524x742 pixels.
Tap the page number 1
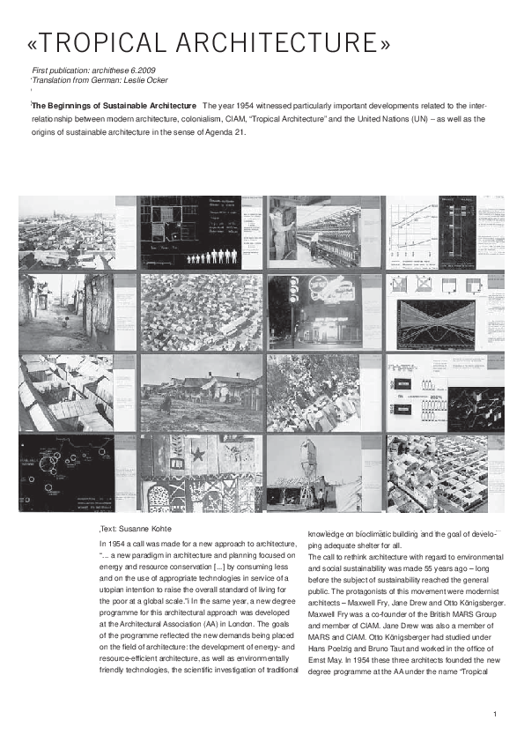496,713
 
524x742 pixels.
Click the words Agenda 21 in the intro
226,133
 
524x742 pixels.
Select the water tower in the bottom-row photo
308,458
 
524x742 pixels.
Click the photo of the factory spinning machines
324,231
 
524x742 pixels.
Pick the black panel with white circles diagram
67,472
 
